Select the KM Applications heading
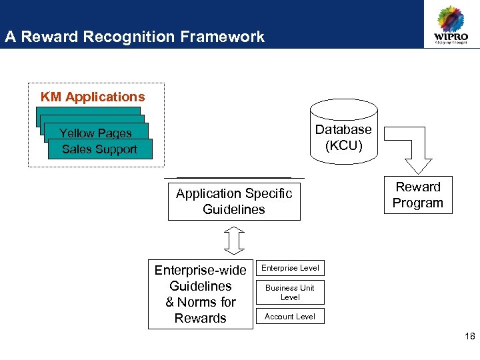(93, 97)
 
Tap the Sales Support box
(100, 149)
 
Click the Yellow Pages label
(95, 133)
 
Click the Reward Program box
(418, 195)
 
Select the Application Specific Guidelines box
(234, 201)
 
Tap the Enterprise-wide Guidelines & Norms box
(201, 294)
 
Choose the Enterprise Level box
(290, 268)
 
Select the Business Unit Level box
(290, 293)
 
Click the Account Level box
(290, 317)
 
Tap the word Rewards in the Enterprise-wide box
(201, 318)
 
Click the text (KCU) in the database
(343, 145)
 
